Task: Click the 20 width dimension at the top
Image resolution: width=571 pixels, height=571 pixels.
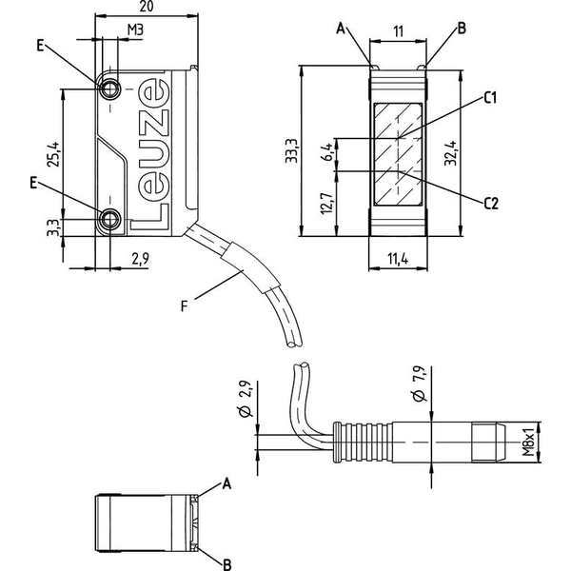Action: [x=146, y=7]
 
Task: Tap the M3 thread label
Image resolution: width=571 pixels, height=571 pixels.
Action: [x=135, y=30]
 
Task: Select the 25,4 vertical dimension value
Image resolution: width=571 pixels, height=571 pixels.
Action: [x=53, y=154]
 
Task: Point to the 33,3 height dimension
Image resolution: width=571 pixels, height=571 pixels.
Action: [x=292, y=150]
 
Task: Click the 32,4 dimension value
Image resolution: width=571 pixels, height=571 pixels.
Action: [x=450, y=153]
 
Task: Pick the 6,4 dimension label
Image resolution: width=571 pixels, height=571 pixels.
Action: [x=327, y=151]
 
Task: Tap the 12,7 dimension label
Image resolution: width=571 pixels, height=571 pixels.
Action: [x=327, y=203]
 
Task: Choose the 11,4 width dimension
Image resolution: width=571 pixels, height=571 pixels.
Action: [x=398, y=259]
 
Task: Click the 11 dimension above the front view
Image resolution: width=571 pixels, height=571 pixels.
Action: [x=399, y=31]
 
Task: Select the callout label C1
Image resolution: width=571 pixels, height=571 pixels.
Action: [x=490, y=98]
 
